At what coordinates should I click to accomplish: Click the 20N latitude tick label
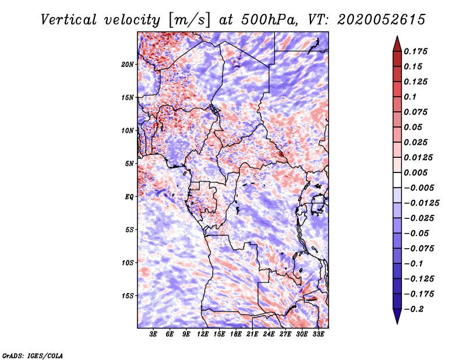tap(128, 64)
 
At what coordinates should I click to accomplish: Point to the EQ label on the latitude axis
tap(129, 197)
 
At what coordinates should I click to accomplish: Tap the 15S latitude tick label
tap(128, 296)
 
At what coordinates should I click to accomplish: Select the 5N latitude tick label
tap(129, 164)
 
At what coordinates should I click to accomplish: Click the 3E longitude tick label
tap(154, 334)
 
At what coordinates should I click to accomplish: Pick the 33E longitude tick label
tap(318, 334)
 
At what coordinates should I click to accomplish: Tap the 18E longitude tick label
tap(235, 334)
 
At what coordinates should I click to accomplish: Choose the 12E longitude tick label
tap(203, 334)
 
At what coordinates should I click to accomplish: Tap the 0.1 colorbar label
tap(411, 96)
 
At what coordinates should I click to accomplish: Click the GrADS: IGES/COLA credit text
tap(32, 355)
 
